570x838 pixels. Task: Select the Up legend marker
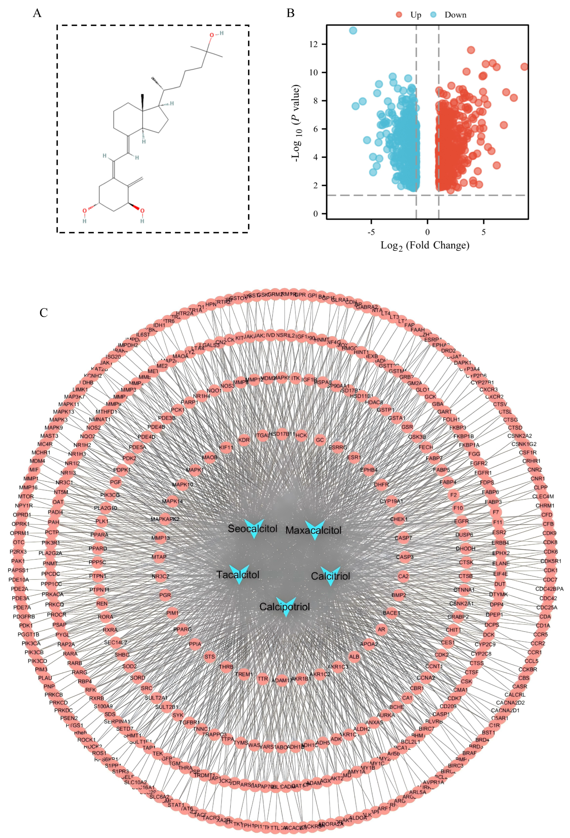pyautogui.click(x=399, y=15)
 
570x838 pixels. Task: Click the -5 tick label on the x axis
pyautogui.click(x=371, y=232)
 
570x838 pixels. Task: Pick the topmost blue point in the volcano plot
pyautogui.click(x=353, y=31)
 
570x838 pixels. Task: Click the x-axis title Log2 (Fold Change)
pyautogui.click(x=425, y=245)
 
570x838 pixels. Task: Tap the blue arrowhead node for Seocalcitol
pyautogui.click(x=254, y=529)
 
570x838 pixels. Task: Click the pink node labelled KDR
pyautogui.click(x=244, y=440)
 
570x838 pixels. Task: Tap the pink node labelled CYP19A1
pyautogui.click(x=391, y=501)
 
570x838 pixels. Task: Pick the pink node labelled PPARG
pyautogui.click(x=182, y=629)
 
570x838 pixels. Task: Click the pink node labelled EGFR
pyautogui.click(x=461, y=521)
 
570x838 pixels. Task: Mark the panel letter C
pyautogui.click(x=44, y=313)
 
